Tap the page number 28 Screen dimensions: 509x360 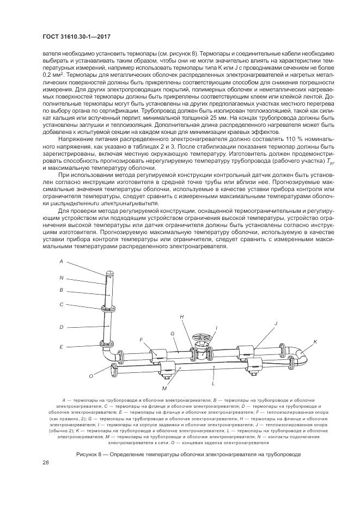[46, 462]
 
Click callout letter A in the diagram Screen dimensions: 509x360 [62, 261]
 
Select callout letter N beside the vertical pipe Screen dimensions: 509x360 [62, 277]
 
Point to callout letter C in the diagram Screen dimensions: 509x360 [62, 304]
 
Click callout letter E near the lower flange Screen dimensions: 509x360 [62, 346]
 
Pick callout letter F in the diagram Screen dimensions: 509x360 [141, 339]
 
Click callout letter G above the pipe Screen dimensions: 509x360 [172, 333]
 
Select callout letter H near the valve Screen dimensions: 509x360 [181, 316]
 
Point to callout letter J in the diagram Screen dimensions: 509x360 [276, 323]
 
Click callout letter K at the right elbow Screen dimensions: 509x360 [315, 341]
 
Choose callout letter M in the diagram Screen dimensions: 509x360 [163, 388]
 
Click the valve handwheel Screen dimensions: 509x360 [201, 341]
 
